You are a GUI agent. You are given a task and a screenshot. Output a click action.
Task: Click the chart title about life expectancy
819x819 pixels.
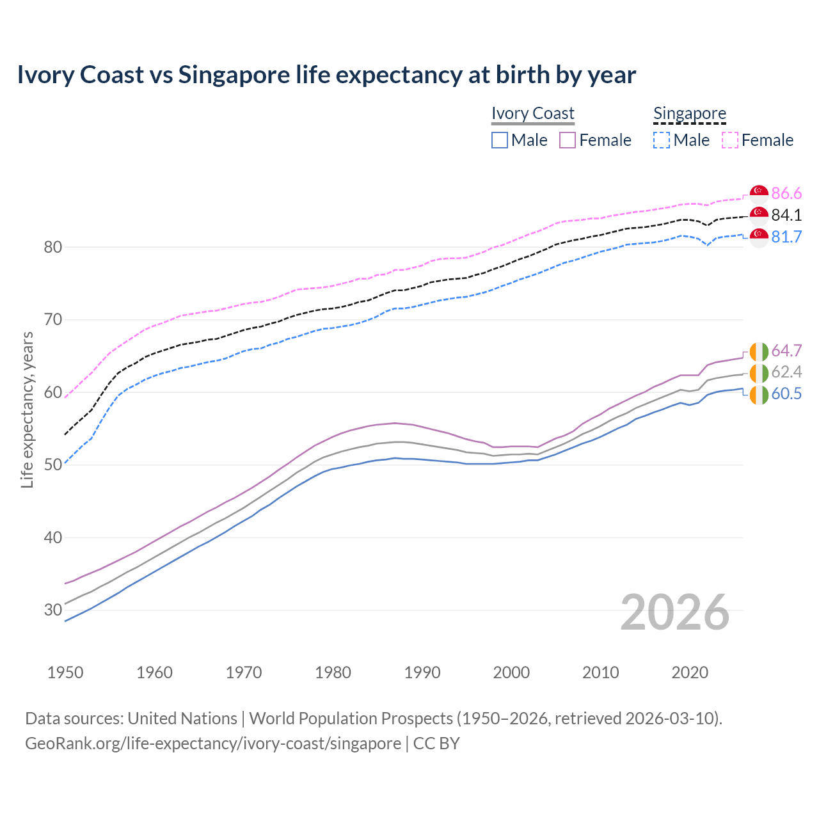point(326,75)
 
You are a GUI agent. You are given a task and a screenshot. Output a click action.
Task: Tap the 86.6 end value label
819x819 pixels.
point(786,193)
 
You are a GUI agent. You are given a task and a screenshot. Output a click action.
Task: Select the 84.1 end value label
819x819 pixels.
point(786,215)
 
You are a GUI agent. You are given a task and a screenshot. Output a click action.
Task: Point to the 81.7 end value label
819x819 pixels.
point(786,237)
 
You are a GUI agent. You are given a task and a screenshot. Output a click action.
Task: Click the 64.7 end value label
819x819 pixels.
point(786,351)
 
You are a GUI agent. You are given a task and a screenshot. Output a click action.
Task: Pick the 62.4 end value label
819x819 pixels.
point(786,372)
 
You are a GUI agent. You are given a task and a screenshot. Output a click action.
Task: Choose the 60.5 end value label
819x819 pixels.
point(786,394)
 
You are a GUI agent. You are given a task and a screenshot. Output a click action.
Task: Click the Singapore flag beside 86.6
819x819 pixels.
point(759,193)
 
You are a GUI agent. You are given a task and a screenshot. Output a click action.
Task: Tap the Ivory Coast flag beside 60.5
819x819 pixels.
point(759,394)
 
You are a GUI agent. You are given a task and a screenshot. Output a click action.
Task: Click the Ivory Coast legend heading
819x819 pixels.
point(533,113)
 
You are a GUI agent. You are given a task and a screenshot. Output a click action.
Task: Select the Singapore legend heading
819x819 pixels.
point(690,113)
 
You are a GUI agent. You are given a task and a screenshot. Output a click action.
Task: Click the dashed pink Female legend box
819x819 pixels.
point(730,140)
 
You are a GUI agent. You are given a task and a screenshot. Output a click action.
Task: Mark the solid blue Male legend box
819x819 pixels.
point(500,140)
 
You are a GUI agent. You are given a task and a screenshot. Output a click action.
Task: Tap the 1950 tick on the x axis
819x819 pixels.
point(65,672)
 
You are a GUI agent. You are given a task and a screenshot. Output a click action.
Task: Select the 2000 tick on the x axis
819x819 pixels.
point(511,672)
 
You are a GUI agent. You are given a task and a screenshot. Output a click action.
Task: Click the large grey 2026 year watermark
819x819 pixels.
point(675,612)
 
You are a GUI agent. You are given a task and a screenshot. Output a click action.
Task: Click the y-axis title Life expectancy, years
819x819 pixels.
point(28,409)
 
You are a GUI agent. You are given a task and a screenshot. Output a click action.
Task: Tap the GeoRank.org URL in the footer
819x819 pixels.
point(213,743)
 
